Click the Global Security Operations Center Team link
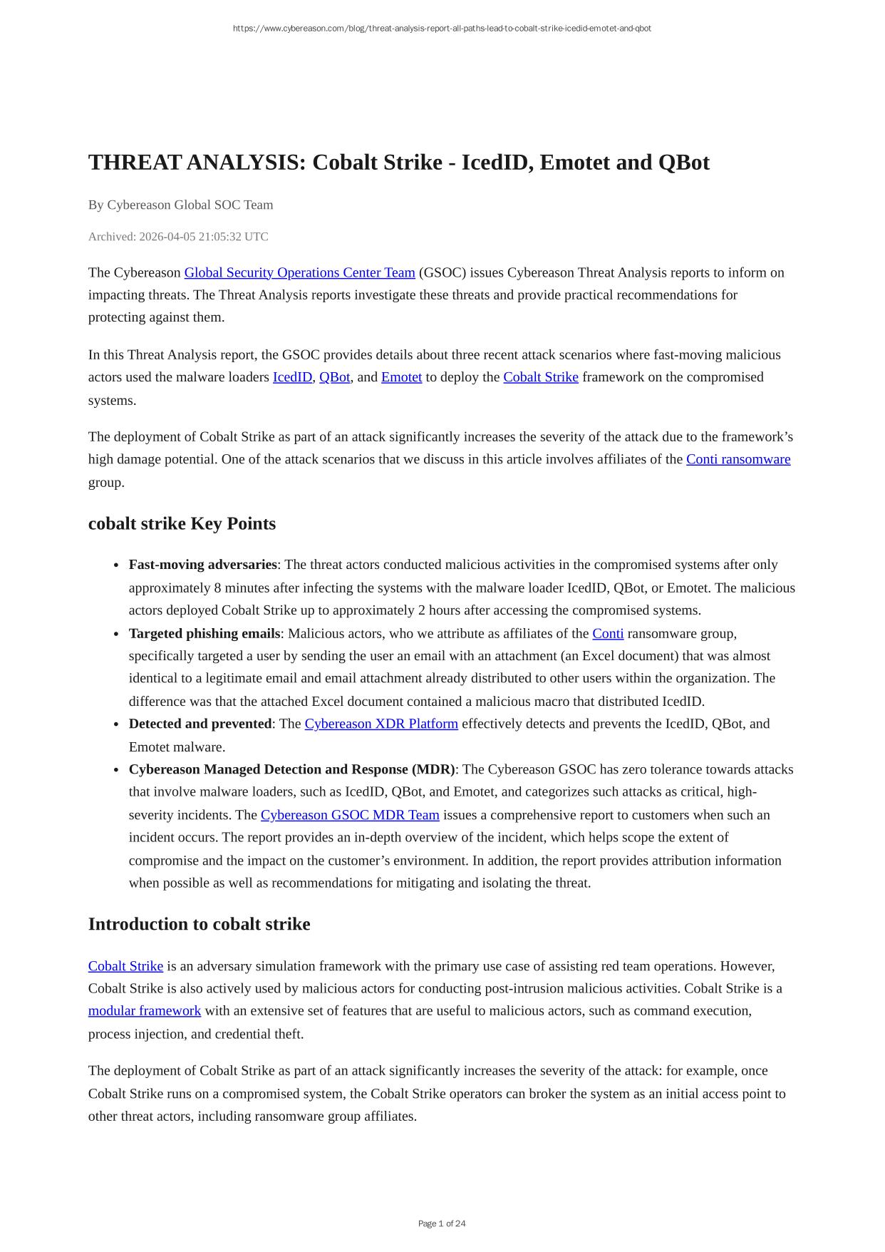(299, 272)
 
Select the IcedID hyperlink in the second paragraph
(292, 377)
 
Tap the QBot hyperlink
(334, 377)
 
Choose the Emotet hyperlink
(401, 377)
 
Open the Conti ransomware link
(737, 459)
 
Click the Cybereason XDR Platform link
(381, 724)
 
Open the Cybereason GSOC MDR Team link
(350, 815)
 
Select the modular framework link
(145, 1011)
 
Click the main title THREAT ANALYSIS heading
(398, 163)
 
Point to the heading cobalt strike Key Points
(182, 523)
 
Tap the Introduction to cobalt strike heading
(199, 924)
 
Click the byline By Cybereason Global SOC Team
(180, 205)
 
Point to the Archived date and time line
(178, 237)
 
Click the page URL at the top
(442, 29)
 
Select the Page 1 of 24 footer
(442, 1223)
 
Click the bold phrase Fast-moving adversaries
(202, 565)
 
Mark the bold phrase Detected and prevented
(200, 724)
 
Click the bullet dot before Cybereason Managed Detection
(115, 770)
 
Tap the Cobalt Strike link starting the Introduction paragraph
(125, 966)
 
